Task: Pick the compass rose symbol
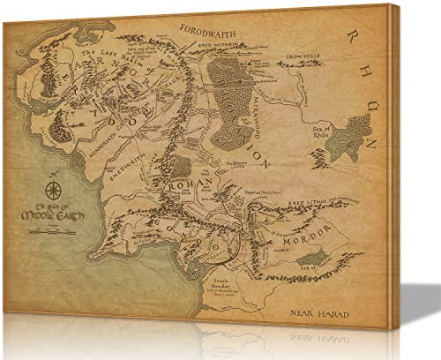[x=51, y=189]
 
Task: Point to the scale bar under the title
[x=46, y=228]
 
